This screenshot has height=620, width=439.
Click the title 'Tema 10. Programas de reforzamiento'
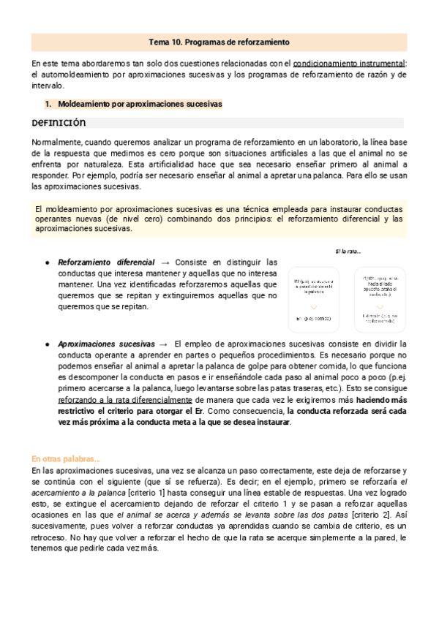tap(219, 42)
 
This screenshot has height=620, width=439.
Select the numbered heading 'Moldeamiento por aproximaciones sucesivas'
tap(139, 105)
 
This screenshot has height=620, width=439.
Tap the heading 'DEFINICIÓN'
tap(59, 123)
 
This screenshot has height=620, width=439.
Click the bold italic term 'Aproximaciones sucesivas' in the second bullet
tap(106, 344)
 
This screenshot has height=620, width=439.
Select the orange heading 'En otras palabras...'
tap(66, 459)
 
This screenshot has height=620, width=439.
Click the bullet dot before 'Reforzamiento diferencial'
tap(47, 262)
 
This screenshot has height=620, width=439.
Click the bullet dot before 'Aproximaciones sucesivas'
tap(47, 344)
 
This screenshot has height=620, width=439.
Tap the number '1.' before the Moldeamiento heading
tap(49, 105)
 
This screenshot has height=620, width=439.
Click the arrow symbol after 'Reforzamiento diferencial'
tap(165, 262)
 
